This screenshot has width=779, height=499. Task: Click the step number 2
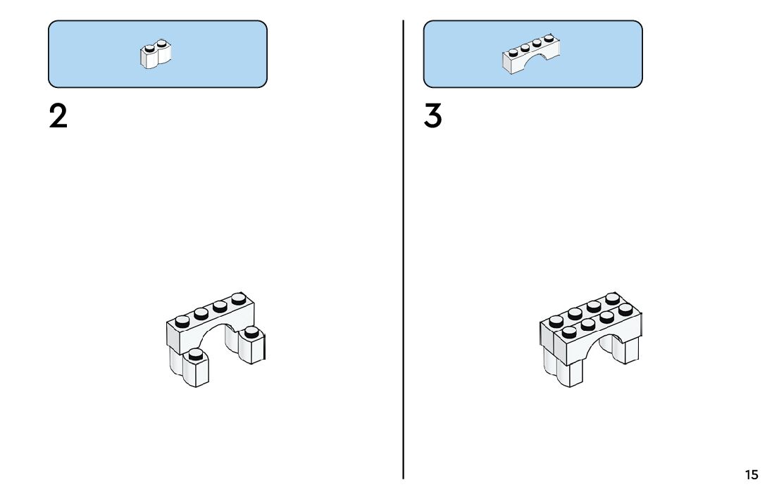click(58, 116)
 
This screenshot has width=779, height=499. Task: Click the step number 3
click(432, 116)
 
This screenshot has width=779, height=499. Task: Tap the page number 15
click(752, 475)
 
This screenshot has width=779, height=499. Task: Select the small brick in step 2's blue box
click(157, 55)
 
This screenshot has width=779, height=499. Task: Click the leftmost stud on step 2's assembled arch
click(182, 321)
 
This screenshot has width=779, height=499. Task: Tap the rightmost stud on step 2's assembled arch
click(238, 298)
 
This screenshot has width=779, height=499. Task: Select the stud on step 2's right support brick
click(251, 331)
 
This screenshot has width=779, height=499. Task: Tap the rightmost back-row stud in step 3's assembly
click(611, 298)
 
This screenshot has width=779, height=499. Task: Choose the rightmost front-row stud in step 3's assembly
click(625, 308)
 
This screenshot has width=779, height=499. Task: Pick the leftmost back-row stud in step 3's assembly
click(556, 321)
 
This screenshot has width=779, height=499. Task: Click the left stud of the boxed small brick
click(149, 49)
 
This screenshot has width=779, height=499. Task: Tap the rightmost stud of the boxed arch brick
click(548, 38)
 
